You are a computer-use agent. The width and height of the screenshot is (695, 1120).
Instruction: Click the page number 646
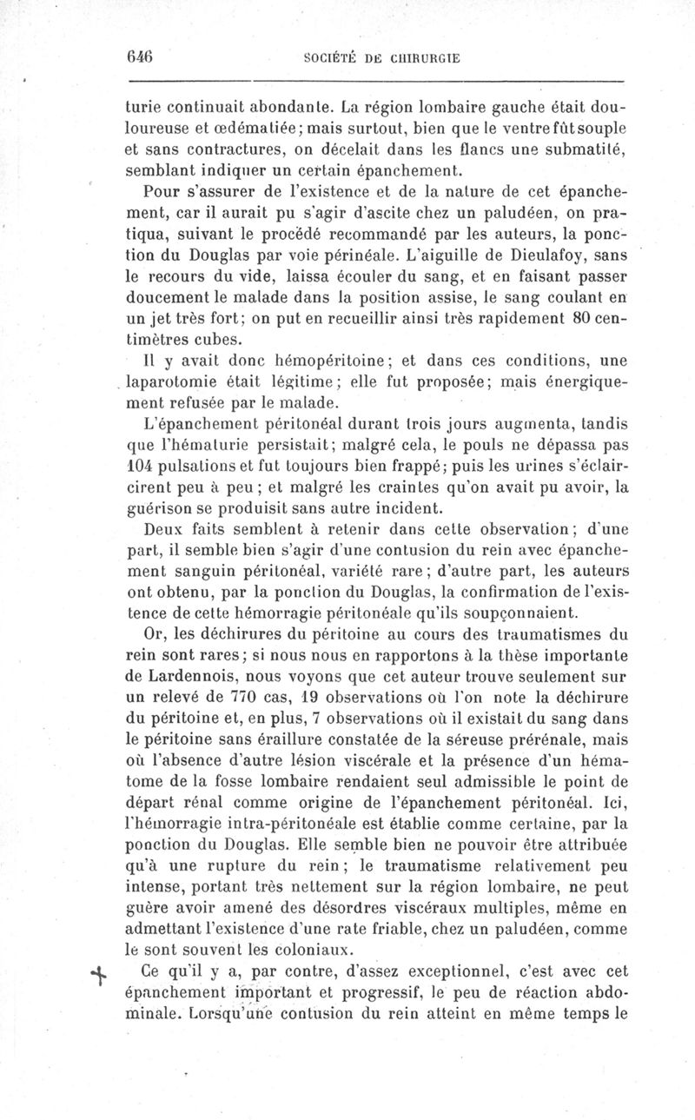coord(139,56)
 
